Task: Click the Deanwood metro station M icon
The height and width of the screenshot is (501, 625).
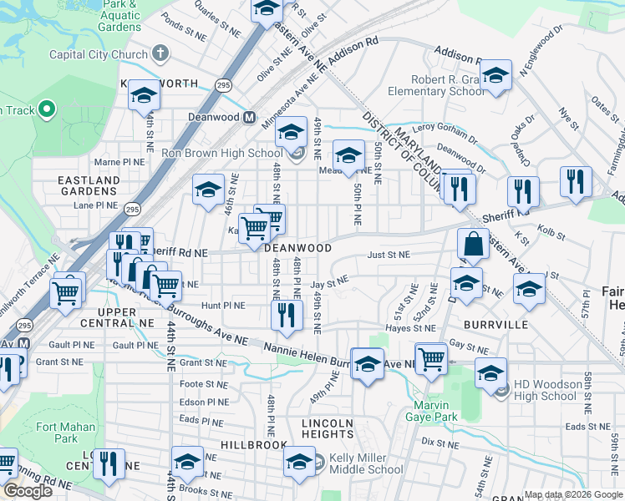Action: click(249, 118)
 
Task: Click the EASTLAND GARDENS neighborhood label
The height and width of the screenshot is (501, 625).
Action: click(89, 185)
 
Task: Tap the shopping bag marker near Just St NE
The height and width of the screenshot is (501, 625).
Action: click(473, 245)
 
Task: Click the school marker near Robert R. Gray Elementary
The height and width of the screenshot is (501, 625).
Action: click(495, 77)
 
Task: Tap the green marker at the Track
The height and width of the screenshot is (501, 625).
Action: click(46, 109)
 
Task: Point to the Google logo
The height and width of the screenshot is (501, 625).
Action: click(28, 491)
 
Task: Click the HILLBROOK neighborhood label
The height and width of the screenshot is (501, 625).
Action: click(254, 446)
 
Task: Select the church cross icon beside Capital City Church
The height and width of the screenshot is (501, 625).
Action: click(160, 54)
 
